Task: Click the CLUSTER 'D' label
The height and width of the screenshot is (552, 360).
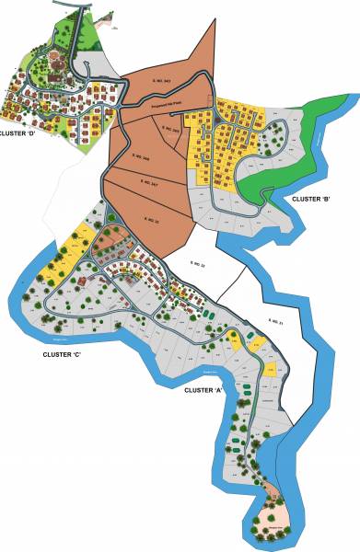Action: pyautogui.click(x=17, y=133)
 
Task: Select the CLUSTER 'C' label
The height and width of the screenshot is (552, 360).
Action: pyautogui.click(x=62, y=354)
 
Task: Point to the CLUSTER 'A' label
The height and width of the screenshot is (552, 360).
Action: pyautogui.click(x=204, y=391)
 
